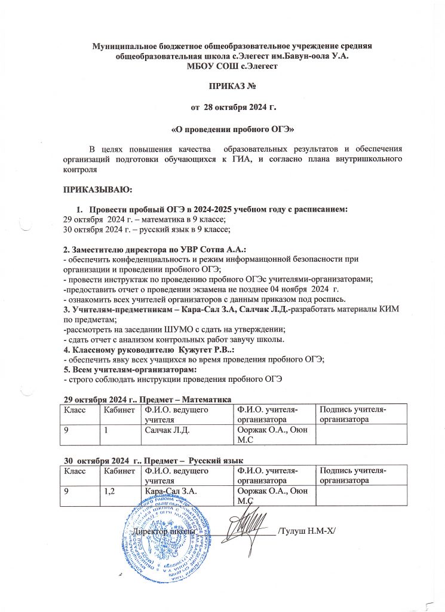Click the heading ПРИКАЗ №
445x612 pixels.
tap(222, 87)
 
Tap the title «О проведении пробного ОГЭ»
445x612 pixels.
tap(222, 128)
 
